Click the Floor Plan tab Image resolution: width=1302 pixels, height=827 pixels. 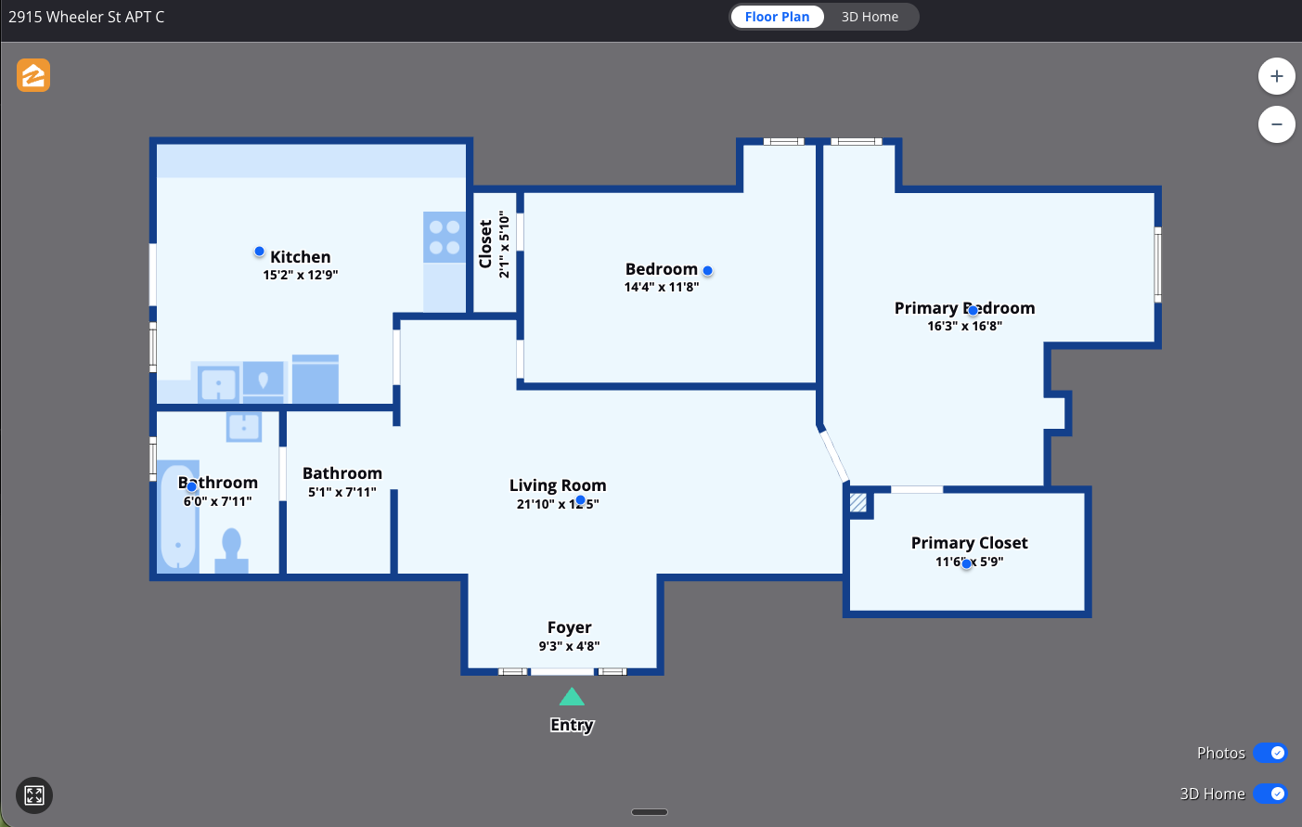coord(777,17)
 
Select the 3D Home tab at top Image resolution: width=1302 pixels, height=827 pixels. coord(870,17)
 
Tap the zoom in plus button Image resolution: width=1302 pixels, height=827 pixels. coord(1276,76)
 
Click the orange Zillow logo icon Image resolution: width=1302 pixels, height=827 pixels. coord(33,75)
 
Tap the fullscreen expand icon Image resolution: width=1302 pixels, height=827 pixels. coord(34,795)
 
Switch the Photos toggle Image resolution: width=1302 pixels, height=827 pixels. coord(1270,753)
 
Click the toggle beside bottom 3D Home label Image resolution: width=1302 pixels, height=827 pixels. coord(1270,794)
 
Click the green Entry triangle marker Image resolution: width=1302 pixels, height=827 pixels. coord(572,697)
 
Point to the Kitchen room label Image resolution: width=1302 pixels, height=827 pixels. coord(300,257)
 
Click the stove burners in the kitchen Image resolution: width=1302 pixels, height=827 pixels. coord(445,238)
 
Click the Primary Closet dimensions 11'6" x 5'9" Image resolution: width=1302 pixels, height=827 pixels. coord(969,562)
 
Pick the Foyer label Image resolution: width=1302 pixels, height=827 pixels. coord(569,627)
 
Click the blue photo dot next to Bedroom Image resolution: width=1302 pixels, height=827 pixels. coord(707,271)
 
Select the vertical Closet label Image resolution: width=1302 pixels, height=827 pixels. coord(485,244)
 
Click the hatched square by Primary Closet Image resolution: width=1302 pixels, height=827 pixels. coord(858,503)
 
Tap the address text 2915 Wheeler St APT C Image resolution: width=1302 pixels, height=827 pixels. coord(86,17)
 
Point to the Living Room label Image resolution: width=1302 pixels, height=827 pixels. coord(558,485)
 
